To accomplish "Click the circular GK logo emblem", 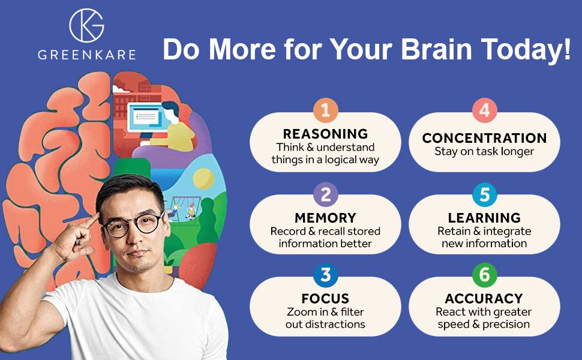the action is click(x=86, y=25).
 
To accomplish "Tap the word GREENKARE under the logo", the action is click(x=87, y=55).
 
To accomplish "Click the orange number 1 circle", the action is click(x=326, y=110).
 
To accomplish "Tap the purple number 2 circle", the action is click(x=326, y=194).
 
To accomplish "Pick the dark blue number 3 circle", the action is click(x=326, y=275).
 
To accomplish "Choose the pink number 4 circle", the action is click(x=484, y=110).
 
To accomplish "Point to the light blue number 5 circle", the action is click(x=484, y=194).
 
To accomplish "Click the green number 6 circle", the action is click(x=484, y=275).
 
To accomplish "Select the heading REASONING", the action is click(x=326, y=134).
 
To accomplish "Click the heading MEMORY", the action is click(x=326, y=217).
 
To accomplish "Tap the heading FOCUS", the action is click(x=326, y=298).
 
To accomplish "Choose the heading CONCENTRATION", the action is click(x=484, y=138).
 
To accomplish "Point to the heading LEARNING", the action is click(x=484, y=217).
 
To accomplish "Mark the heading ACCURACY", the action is click(x=484, y=298).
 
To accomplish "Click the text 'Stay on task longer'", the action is click(x=484, y=152).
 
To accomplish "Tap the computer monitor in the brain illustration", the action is click(x=145, y=117).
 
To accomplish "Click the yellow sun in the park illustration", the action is click(x=203, y=179).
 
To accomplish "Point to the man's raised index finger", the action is click(x=89, y=221).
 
